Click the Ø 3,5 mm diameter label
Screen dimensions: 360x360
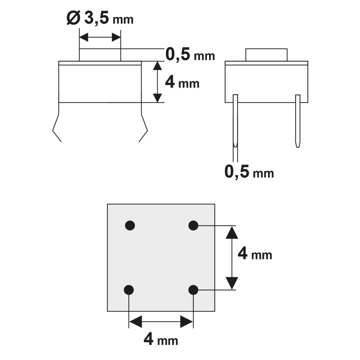pyautogui.click(x=100, y=18)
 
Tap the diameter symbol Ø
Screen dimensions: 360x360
pyautogui.click(x=73, y=18)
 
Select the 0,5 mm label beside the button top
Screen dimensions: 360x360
pyautogui.click(x=190, y=54)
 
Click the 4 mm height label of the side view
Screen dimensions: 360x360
pyautogui.click(x=182, y=83)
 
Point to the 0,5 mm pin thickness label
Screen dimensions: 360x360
pyautogui.click(x=249, y=172)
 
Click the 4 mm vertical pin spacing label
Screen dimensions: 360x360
pyautogui.click(x=255, y=254)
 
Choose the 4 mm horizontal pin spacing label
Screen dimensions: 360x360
pyautogui.click(x=161, y=339)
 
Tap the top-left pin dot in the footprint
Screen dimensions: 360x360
pyautogui.click(x=130, y=225)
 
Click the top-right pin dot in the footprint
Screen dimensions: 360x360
pyautogui.click(x=193, y=225)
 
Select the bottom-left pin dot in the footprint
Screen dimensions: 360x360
pyautogui.click(x=129, y=290)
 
